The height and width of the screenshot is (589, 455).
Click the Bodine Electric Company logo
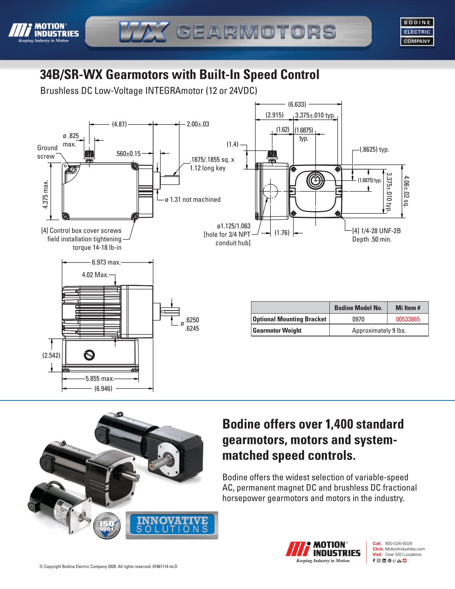tap(417, 32)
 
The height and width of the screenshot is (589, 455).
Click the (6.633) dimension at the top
tap(297, 104)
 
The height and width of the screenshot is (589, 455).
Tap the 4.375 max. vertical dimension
tap(45, 194)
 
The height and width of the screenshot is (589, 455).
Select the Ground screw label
tap(47, 152)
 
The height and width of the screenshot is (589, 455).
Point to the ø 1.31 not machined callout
tap(193, 200)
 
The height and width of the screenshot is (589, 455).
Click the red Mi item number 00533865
tap(407, 319)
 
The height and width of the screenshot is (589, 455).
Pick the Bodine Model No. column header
tap(358, 308)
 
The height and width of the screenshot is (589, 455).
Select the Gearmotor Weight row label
tap(277, 330)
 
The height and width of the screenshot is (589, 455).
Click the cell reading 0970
tap(358, 319)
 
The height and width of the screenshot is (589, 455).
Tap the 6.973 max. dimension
tap(106, 262)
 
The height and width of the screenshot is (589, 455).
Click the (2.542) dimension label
tap(51, 355)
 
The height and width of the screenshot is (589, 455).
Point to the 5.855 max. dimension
tap(100, 379)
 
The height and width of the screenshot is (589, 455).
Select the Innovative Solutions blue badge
tap(172, 525)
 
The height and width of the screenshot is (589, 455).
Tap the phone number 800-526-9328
tap(398, 543)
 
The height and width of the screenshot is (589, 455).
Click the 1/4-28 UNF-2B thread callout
tap(376, 231)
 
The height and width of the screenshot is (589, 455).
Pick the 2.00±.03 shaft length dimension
tap(198, 124)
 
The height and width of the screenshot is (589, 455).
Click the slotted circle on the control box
tap(89, 355)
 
